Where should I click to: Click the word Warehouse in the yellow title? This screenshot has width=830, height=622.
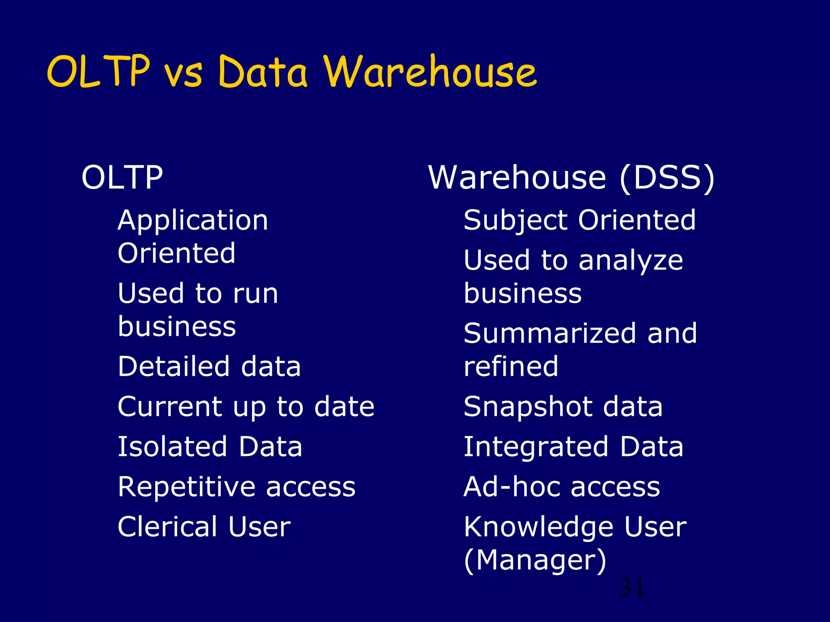point(430,72)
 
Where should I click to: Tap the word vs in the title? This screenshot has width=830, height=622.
point(183,75)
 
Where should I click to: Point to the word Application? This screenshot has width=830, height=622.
point(193,222)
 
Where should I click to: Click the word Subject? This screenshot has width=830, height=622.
point(516,222)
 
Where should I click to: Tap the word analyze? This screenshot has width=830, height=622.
point(631,261)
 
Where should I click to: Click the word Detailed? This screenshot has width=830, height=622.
point(173,366)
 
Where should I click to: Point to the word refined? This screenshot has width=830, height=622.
point(511,366)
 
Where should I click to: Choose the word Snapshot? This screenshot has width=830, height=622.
point(528,407)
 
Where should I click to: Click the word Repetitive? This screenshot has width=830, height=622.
point(186,487)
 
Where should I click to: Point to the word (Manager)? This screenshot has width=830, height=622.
point(535,560)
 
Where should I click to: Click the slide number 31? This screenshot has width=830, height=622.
point(631,588)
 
